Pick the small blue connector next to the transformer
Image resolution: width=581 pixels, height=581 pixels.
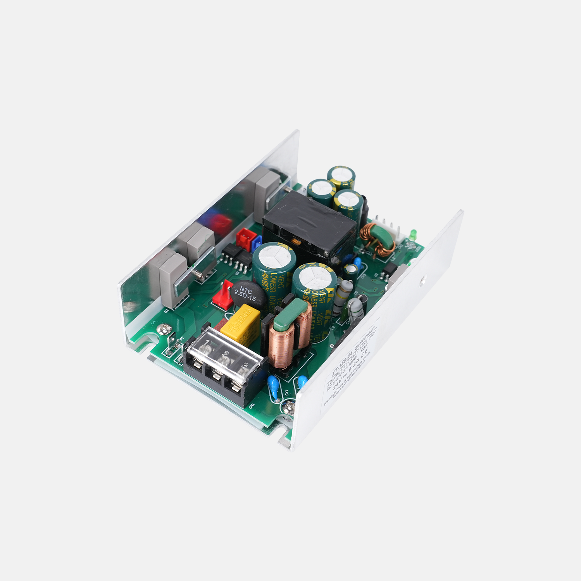tap(256, 243)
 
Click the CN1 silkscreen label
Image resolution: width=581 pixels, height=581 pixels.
tap(252, 405)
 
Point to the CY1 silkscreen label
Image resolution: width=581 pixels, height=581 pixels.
tap(286, 392)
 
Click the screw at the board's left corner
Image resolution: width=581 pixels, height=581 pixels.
tap(164, 329)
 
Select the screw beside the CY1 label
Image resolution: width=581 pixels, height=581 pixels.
tap(288, 406)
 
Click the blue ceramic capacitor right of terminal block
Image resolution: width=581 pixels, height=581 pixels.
tap(274, 388)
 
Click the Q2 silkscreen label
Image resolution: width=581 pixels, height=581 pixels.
tap(166, 310)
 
